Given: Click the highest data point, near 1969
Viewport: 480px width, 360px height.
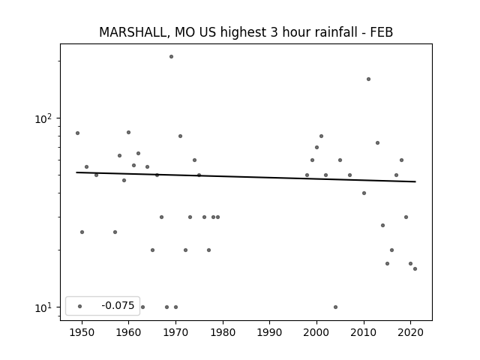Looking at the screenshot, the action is [x=172, y=57].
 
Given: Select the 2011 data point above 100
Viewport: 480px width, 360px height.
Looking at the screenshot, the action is [x=368, y=79].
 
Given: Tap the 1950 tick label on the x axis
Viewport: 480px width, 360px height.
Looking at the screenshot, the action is [x=82, y=332].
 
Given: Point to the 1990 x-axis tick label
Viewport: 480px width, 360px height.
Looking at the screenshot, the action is [x=270, y=332].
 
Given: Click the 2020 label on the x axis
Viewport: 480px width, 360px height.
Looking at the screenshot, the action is [x=410, y=332].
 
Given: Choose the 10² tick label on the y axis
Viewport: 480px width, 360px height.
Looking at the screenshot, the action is [x=43, y=118].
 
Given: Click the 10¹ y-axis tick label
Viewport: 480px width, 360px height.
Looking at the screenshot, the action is [x=43, y=307].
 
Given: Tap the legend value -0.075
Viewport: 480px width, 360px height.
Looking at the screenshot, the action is [x=118, y=305].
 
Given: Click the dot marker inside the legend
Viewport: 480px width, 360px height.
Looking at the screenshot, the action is [x=80, y=306].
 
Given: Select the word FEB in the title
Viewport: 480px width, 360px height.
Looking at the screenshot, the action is [x=382, y=32].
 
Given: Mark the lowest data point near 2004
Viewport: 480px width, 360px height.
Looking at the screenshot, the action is [x=335, y=307].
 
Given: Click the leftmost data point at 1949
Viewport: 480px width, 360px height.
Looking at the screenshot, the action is [x=77, y=133].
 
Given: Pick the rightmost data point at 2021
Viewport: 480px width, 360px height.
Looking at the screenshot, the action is [x=415, y=268].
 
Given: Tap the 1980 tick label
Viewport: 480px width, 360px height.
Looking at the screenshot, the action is [x=223, y=332].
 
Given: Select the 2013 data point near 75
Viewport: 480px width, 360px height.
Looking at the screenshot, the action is [x=377, y=143].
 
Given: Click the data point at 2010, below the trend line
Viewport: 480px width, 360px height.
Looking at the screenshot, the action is [x=364, y=193].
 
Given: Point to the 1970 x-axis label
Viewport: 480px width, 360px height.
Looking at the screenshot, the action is [x=175, y=332].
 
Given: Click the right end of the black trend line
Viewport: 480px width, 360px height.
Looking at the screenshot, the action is [x=415, y=181].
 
